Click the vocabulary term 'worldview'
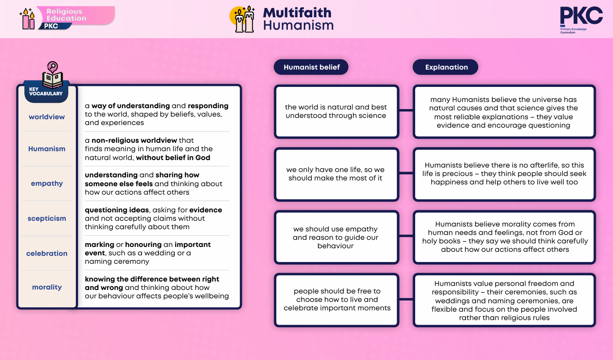(x=47, y=117)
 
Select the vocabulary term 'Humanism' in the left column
(x=47, y=149)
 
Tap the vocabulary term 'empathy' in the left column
(x=47, y=184)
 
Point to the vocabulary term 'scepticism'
(x=47, y=218)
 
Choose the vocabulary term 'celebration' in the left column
(x=47, y=253)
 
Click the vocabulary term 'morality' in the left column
(x=47, y=287)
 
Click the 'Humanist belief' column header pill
(x=311, y=67)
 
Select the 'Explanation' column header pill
(x=445, y=67)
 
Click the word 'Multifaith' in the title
(x=297, y=13)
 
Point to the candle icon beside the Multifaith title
(x=243, y=19)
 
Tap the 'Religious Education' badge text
(x=67, y=15)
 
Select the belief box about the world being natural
(x=337, y=111)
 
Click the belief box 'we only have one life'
(x=337, y=174)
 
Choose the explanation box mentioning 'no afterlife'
(x=504, y=174)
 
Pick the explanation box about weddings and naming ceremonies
(x=504, y=300)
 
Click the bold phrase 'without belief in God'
(x=173, y=157)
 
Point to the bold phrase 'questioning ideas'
(x=117, y=210)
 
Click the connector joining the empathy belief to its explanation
(x=406, y=236)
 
